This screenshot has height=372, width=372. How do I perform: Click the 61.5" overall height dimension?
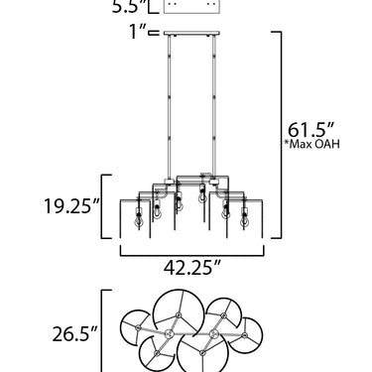pyautogui.click(x=310, y=130)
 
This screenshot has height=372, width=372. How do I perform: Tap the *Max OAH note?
pyautogui.click(x=311, y=145)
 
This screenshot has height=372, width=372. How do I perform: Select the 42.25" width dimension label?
pyautogui.click(x=192, y=268)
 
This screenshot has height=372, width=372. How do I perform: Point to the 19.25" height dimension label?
pyautogui.click(x=71, y=206)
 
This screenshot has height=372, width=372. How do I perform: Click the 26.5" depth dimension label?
pyautogui.click(x=75, y=334)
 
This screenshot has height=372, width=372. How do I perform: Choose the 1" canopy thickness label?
pyautogui.click(x=138, y=32)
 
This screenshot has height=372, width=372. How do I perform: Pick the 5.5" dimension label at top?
pyautogui.click(x=129, y=6)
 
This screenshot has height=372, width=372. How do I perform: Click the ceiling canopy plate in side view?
pyautogui.click(x=191, y=33)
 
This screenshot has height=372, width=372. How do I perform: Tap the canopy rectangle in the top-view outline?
pyautogui.click(x=191, y=7)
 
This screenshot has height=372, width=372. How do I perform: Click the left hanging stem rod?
pyautogui.click(x=170, y=106)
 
